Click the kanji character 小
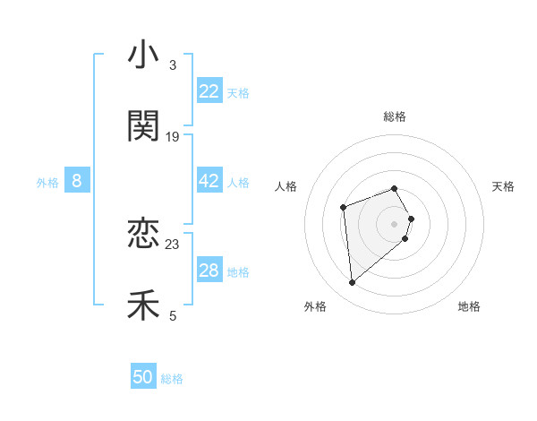[143, 56]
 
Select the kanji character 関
[143, 126]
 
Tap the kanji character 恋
[143, 234]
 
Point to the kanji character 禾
[143, 305]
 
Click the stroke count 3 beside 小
[172, 65]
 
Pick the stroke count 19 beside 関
[173, 137]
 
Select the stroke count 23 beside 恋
[173, 244]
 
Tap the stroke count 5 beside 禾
[172, 315]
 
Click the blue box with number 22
[209, 91]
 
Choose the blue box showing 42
[209, 181]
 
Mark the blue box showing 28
[209, 271]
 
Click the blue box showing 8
[77, 181]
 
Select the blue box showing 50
[143, 377]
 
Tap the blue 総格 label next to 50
[172, 379]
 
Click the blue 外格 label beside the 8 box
[47, 183]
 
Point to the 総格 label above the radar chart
[395, 116]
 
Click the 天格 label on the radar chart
[503, 186]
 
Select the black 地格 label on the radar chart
[469, 306]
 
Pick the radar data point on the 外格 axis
[353, 283]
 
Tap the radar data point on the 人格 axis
[343, 208]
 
